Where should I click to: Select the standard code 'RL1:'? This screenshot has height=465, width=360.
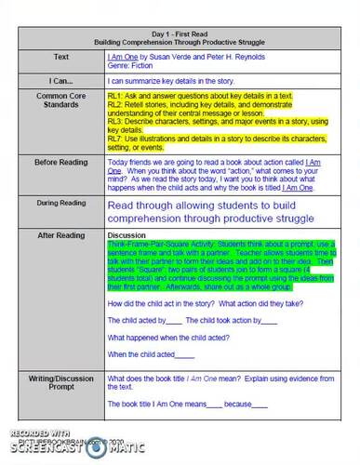116,96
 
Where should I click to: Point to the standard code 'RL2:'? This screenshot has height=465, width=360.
116,106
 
